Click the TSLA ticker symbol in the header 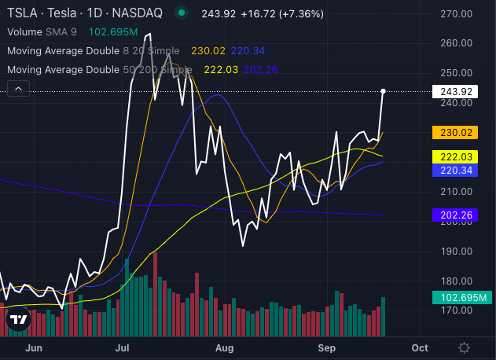click(x=23, y=13)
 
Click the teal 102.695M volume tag click(x=461, y=298)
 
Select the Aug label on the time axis click(x=225, y=347)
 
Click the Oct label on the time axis click(x=420, y=347)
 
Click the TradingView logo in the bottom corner click(x=18, y=320)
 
